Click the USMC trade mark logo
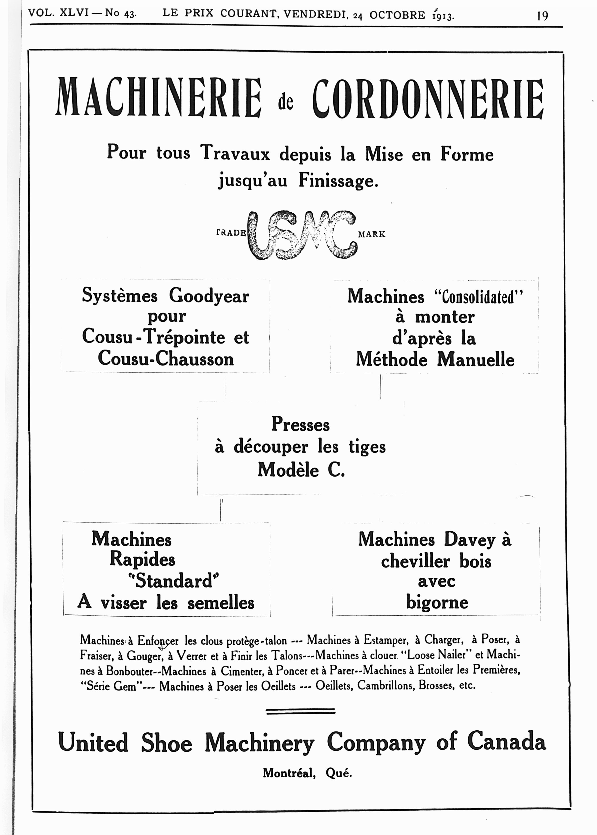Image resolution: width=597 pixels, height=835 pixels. tap(302, 235)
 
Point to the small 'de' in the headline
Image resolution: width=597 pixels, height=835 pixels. tap(286, 103)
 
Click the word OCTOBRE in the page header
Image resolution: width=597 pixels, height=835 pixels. tap(397, 15)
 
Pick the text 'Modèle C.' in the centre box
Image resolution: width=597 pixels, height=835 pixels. tap(301, 470)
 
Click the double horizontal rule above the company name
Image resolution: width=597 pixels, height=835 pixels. tap(300, 711)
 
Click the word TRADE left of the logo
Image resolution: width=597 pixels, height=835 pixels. tap(231, 233)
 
